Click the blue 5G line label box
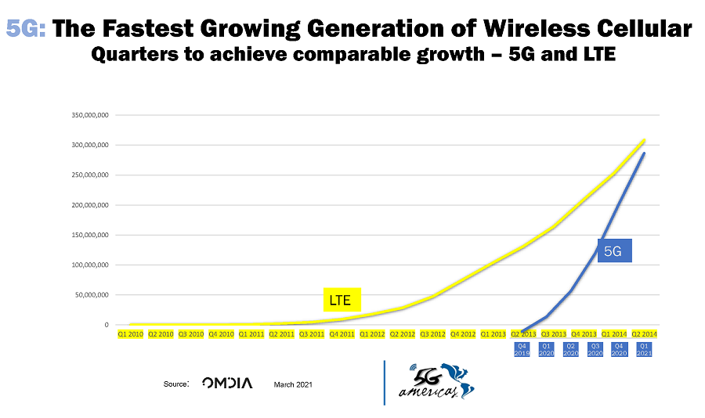(x=614, y=251)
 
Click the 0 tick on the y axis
(x=106, y=325)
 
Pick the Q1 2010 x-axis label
(x=131, y=334)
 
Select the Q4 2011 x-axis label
(x=342, y=334)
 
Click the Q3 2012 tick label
(x=432, y=334)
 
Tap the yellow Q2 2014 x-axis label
(x=644, y=334)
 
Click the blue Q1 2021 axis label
(x=644, y=348)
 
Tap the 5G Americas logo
(x=435, y=381)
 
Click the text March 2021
(x=293, y=384)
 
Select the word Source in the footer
(x=175, y=384)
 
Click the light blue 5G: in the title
(x=27, y=30)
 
